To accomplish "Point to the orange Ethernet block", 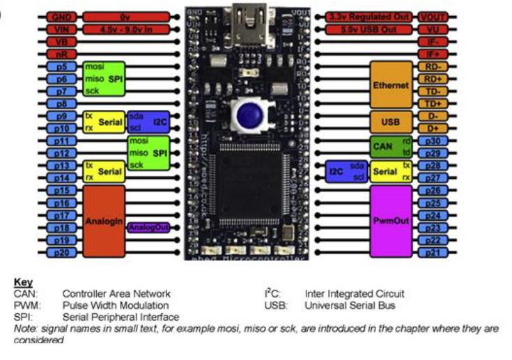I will pos(391,85).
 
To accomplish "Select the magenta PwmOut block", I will pos(391,221).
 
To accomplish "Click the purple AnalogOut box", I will pos(148,228).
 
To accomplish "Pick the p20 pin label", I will pos(61,252).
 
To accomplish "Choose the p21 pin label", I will pos(432,252).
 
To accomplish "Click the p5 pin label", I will pos(61,67).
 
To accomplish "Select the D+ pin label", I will pos(432,128).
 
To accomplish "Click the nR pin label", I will pos(61,54).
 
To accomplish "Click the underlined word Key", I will pos(22,283).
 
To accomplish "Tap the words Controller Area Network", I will pos(116,295).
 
